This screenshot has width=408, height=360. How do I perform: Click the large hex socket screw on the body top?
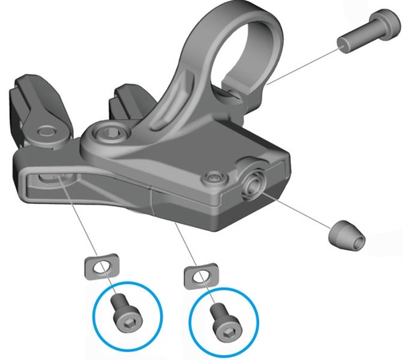pyautogui.click(x=109, y=135)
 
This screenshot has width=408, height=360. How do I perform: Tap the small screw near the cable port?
pyautogui.click(x=212, y=176)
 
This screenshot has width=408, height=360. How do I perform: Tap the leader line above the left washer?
pyautogui.click(x=80, y=223)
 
